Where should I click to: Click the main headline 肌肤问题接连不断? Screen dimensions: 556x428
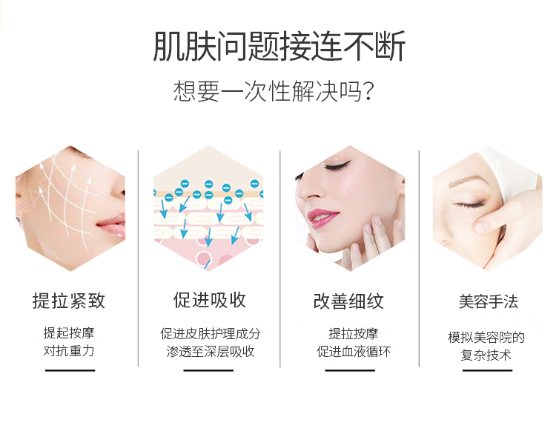click(x=279, y=47)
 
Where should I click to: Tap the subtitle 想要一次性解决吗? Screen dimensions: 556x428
click(x=274, y=91)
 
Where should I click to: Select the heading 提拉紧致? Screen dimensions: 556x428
click(x=69, y=301)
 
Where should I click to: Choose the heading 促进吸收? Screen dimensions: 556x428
click(x=210, y=300)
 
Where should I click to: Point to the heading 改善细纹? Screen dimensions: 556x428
click(x=348, y=301)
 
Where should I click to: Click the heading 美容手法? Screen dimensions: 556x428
click(x=489, y=301)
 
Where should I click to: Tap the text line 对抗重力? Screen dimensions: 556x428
click(x=69, y=351)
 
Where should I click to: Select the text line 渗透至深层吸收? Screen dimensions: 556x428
click(x=211, y=352)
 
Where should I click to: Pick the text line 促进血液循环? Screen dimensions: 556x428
click(x=354, y=352)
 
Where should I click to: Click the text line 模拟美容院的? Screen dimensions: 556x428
click(x=486, y=337)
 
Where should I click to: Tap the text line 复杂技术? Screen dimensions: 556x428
click(x=486, y=355)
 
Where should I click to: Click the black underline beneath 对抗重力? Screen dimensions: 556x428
click(x=70, y=370)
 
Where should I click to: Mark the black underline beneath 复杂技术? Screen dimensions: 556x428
click(x=488, y=370)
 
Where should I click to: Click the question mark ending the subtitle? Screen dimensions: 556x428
click(x=369, y=92)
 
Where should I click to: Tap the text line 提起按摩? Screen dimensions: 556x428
click(x=69, y=333)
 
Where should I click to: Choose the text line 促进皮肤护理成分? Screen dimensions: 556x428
click(x=211, y=334)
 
